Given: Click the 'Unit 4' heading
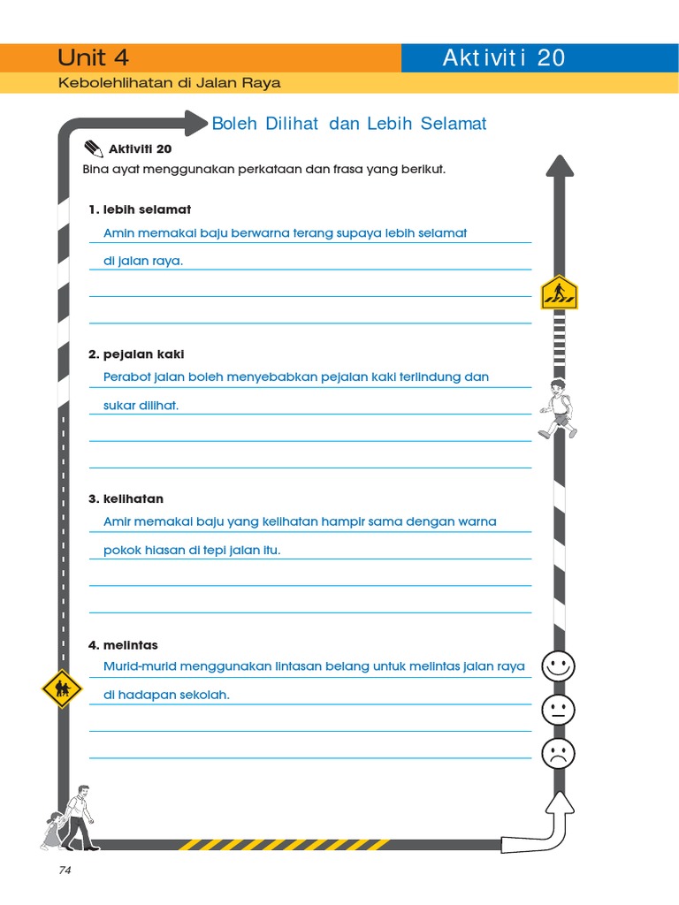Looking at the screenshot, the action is tap(93, 58).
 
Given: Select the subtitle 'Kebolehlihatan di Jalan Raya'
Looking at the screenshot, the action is tap(169, 83).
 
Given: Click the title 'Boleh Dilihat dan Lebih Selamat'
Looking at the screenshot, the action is tap(349, 124).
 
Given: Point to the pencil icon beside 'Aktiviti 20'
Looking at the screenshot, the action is tap(93, 148).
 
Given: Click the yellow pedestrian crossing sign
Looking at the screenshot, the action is tap(559, 292).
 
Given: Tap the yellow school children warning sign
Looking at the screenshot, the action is tap(61, 688).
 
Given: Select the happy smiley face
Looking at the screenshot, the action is tap(558, 665).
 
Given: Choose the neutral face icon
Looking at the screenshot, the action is tap(558, 709).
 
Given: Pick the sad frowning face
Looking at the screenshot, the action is tap(558, 753).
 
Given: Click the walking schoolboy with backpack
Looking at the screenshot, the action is tap(558, 408).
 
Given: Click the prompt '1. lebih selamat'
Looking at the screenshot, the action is tap(140, 209).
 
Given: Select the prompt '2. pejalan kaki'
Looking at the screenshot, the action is tap(136, 354).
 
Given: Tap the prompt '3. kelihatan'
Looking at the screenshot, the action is tap(126, 499).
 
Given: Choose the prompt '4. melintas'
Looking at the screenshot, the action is tap(123, 645).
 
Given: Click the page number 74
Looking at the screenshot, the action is tap(65, 871).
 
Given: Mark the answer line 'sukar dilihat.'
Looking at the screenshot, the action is tap(141, 406).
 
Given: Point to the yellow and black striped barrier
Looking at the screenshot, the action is tap(284, 845).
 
